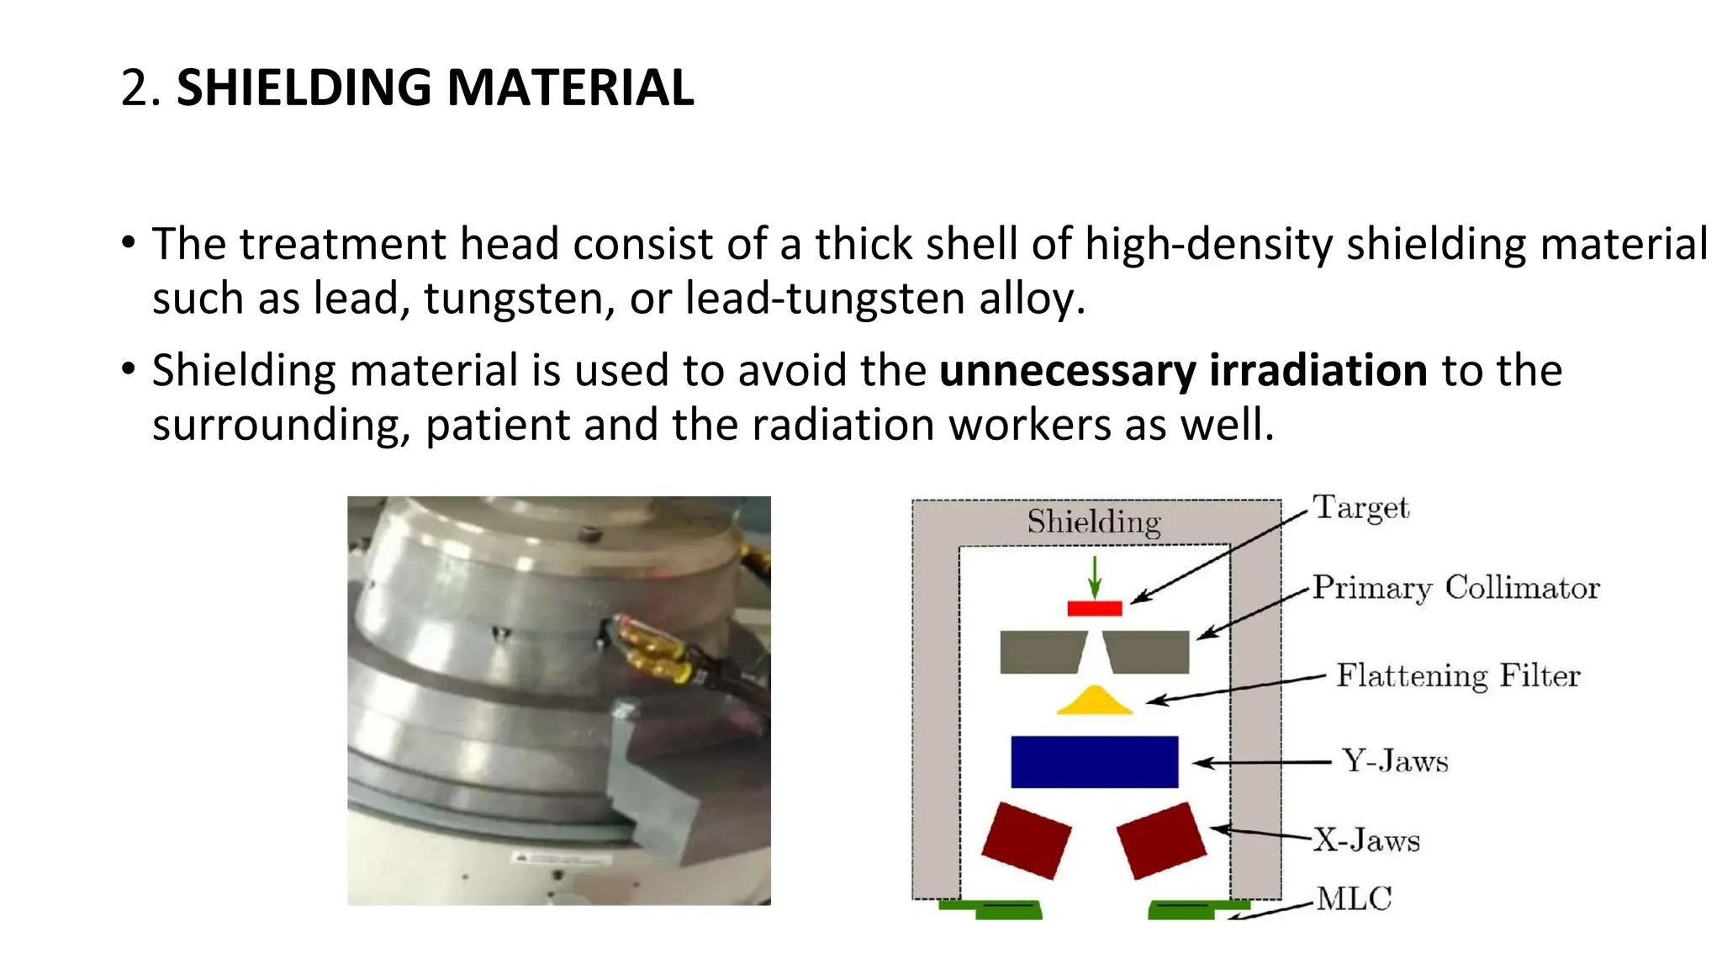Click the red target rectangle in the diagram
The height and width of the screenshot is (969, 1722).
click(1094, 608)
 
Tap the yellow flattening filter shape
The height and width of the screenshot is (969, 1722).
click(1094, 703)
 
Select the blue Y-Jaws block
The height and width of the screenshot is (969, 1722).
click(1094, 762)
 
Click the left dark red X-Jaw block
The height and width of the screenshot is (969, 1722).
click(1026, 840)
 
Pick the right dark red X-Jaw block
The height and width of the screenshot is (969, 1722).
click(1161, 840)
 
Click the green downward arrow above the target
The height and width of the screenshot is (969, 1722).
click(1094, 576)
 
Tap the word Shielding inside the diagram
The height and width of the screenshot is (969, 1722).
click(1094, 522)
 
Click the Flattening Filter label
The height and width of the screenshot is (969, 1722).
click(1458, 675)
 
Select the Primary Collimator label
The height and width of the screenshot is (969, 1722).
click(1455, 588)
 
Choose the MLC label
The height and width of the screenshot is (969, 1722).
click(1354, 898)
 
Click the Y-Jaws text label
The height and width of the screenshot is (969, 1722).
click(1395, 761)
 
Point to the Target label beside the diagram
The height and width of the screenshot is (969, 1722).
click(1360, 508)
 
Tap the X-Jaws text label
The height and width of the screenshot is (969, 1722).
click(1366, 840)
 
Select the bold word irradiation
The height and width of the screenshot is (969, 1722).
click(1318, 370)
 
